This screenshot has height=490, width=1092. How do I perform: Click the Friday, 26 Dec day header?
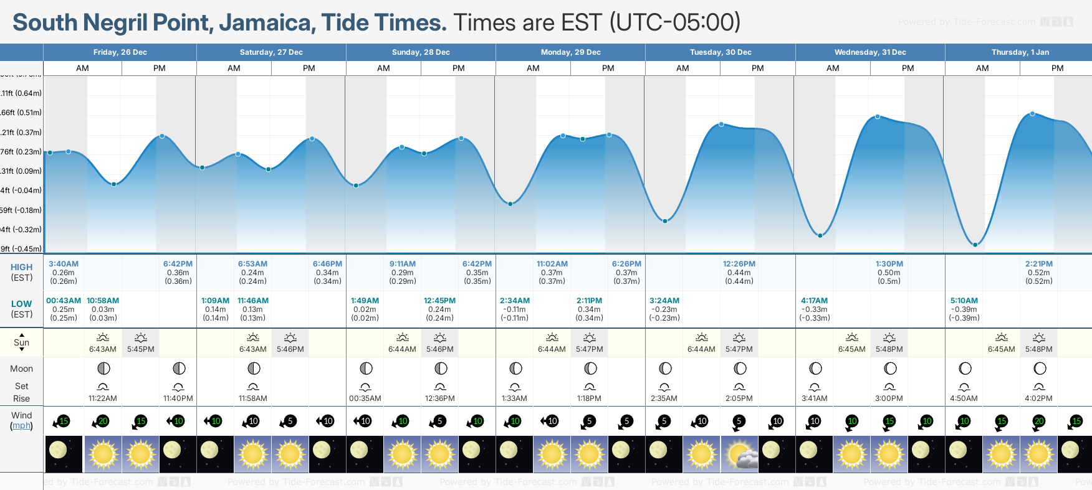pos(120,52)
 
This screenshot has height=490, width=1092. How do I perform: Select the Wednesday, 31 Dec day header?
pos(870,52)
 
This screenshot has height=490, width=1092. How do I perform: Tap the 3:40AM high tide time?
pos(64,264)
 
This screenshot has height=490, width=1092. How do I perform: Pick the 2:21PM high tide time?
pos(1038,264)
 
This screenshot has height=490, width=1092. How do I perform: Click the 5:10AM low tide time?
pos(964,301)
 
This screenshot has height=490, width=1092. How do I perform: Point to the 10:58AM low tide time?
pos(103,301)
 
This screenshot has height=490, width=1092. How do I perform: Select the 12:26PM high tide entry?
pos(739,264)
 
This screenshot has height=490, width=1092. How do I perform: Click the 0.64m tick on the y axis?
pos(21,93)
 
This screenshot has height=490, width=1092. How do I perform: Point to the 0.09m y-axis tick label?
pos(21,171)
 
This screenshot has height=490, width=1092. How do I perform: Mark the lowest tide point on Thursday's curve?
pos(975,245)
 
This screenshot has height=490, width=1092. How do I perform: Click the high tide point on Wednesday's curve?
pos(878,116)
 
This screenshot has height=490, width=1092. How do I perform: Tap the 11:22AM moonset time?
pos(103,398)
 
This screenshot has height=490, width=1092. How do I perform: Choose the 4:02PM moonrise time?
pos(1038,398)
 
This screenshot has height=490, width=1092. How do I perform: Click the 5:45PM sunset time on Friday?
pos(141,349)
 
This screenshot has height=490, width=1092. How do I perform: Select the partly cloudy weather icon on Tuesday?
pos(739,455)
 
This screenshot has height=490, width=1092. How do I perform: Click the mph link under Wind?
pos(21,426)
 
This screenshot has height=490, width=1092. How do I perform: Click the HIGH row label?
pos(21,267)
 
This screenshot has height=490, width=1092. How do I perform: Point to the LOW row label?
pos(21,304)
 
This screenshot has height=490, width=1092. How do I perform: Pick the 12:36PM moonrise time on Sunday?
pos(440,398)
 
